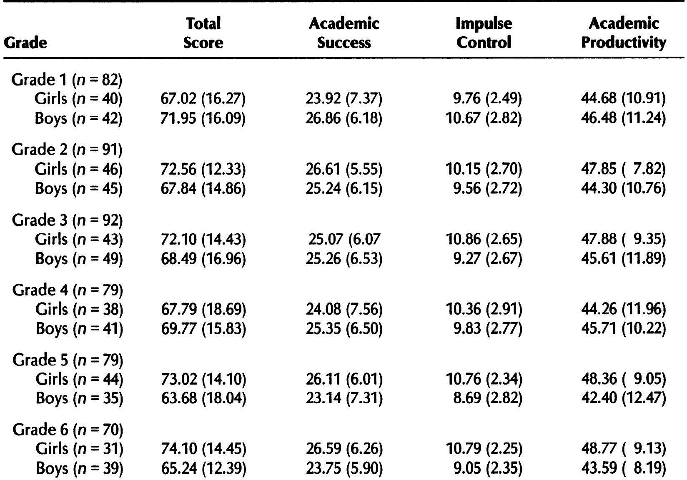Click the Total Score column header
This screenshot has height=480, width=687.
pos(203,33)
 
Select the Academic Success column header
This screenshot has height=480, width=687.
pos(344,33)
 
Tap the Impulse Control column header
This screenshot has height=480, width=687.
pos(484,33)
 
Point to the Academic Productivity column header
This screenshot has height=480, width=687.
pos(624,33)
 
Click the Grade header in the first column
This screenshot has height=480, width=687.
pos(25,42)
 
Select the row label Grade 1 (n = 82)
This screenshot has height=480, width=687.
pos(67,79)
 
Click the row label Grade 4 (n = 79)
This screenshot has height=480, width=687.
pos(68,290)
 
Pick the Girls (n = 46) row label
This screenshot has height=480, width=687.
pos(79,169)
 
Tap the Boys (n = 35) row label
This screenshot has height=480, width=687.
pos(79,399)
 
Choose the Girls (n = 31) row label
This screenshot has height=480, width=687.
pos(79,449)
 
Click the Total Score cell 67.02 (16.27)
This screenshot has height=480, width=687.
pos(203,99)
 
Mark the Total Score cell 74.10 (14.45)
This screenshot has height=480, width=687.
pos(203,449)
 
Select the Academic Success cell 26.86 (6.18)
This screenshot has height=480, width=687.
pos(344,119)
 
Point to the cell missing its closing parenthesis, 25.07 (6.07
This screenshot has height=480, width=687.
pos(344,239)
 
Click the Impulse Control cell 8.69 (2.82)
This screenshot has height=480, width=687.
pos(487,399)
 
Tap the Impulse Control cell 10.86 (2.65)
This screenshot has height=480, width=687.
pos(484,239)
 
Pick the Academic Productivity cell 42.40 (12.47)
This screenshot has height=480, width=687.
pos(624,399)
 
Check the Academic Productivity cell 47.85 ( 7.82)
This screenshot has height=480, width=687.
pos(624,169)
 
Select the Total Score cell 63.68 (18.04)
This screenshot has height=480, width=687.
pos(203,399)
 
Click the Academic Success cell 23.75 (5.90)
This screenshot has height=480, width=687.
pos(344,469)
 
